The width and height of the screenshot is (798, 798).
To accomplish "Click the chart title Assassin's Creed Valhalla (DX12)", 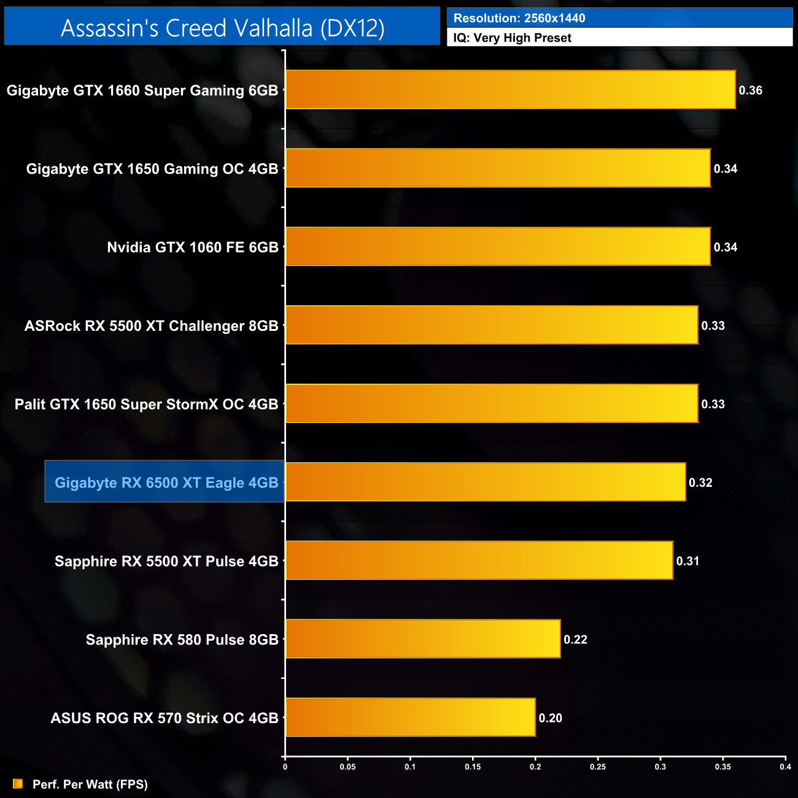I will [222, 28].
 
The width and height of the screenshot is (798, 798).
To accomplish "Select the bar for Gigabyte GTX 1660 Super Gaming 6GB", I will [510, 90].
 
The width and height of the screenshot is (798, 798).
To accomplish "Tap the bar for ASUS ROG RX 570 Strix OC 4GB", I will [410, 717].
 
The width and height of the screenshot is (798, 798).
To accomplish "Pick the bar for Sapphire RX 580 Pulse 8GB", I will [423, 638].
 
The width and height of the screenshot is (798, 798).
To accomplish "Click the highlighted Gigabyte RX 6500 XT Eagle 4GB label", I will [166, 482].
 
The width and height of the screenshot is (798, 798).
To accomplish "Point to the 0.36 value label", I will [750, 90].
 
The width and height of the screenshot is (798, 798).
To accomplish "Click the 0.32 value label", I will [700, 482].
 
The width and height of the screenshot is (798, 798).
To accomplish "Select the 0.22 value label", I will [575, 640].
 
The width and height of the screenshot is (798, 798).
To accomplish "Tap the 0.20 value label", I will [550, 718].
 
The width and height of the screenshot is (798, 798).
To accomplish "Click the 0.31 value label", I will [688, 561].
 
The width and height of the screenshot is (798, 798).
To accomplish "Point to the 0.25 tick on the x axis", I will [597, 767].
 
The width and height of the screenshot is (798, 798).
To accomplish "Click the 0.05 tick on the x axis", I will [347, 767].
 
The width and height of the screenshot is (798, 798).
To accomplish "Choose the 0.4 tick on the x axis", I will [785, 767].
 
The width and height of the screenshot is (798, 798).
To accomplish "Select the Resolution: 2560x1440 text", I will [519, 18].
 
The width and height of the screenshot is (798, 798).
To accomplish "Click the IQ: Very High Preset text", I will [512, 38].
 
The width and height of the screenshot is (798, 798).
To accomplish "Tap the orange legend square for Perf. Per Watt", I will [18, 784].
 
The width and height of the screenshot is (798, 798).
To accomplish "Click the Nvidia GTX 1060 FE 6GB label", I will [193, 247].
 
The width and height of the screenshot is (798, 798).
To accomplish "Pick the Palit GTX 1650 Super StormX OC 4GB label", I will [146, 405].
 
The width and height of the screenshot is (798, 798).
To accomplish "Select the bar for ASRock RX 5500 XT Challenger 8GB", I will [492, 325].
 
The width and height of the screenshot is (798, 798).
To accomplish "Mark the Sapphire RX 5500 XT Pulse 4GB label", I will [166, 561].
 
